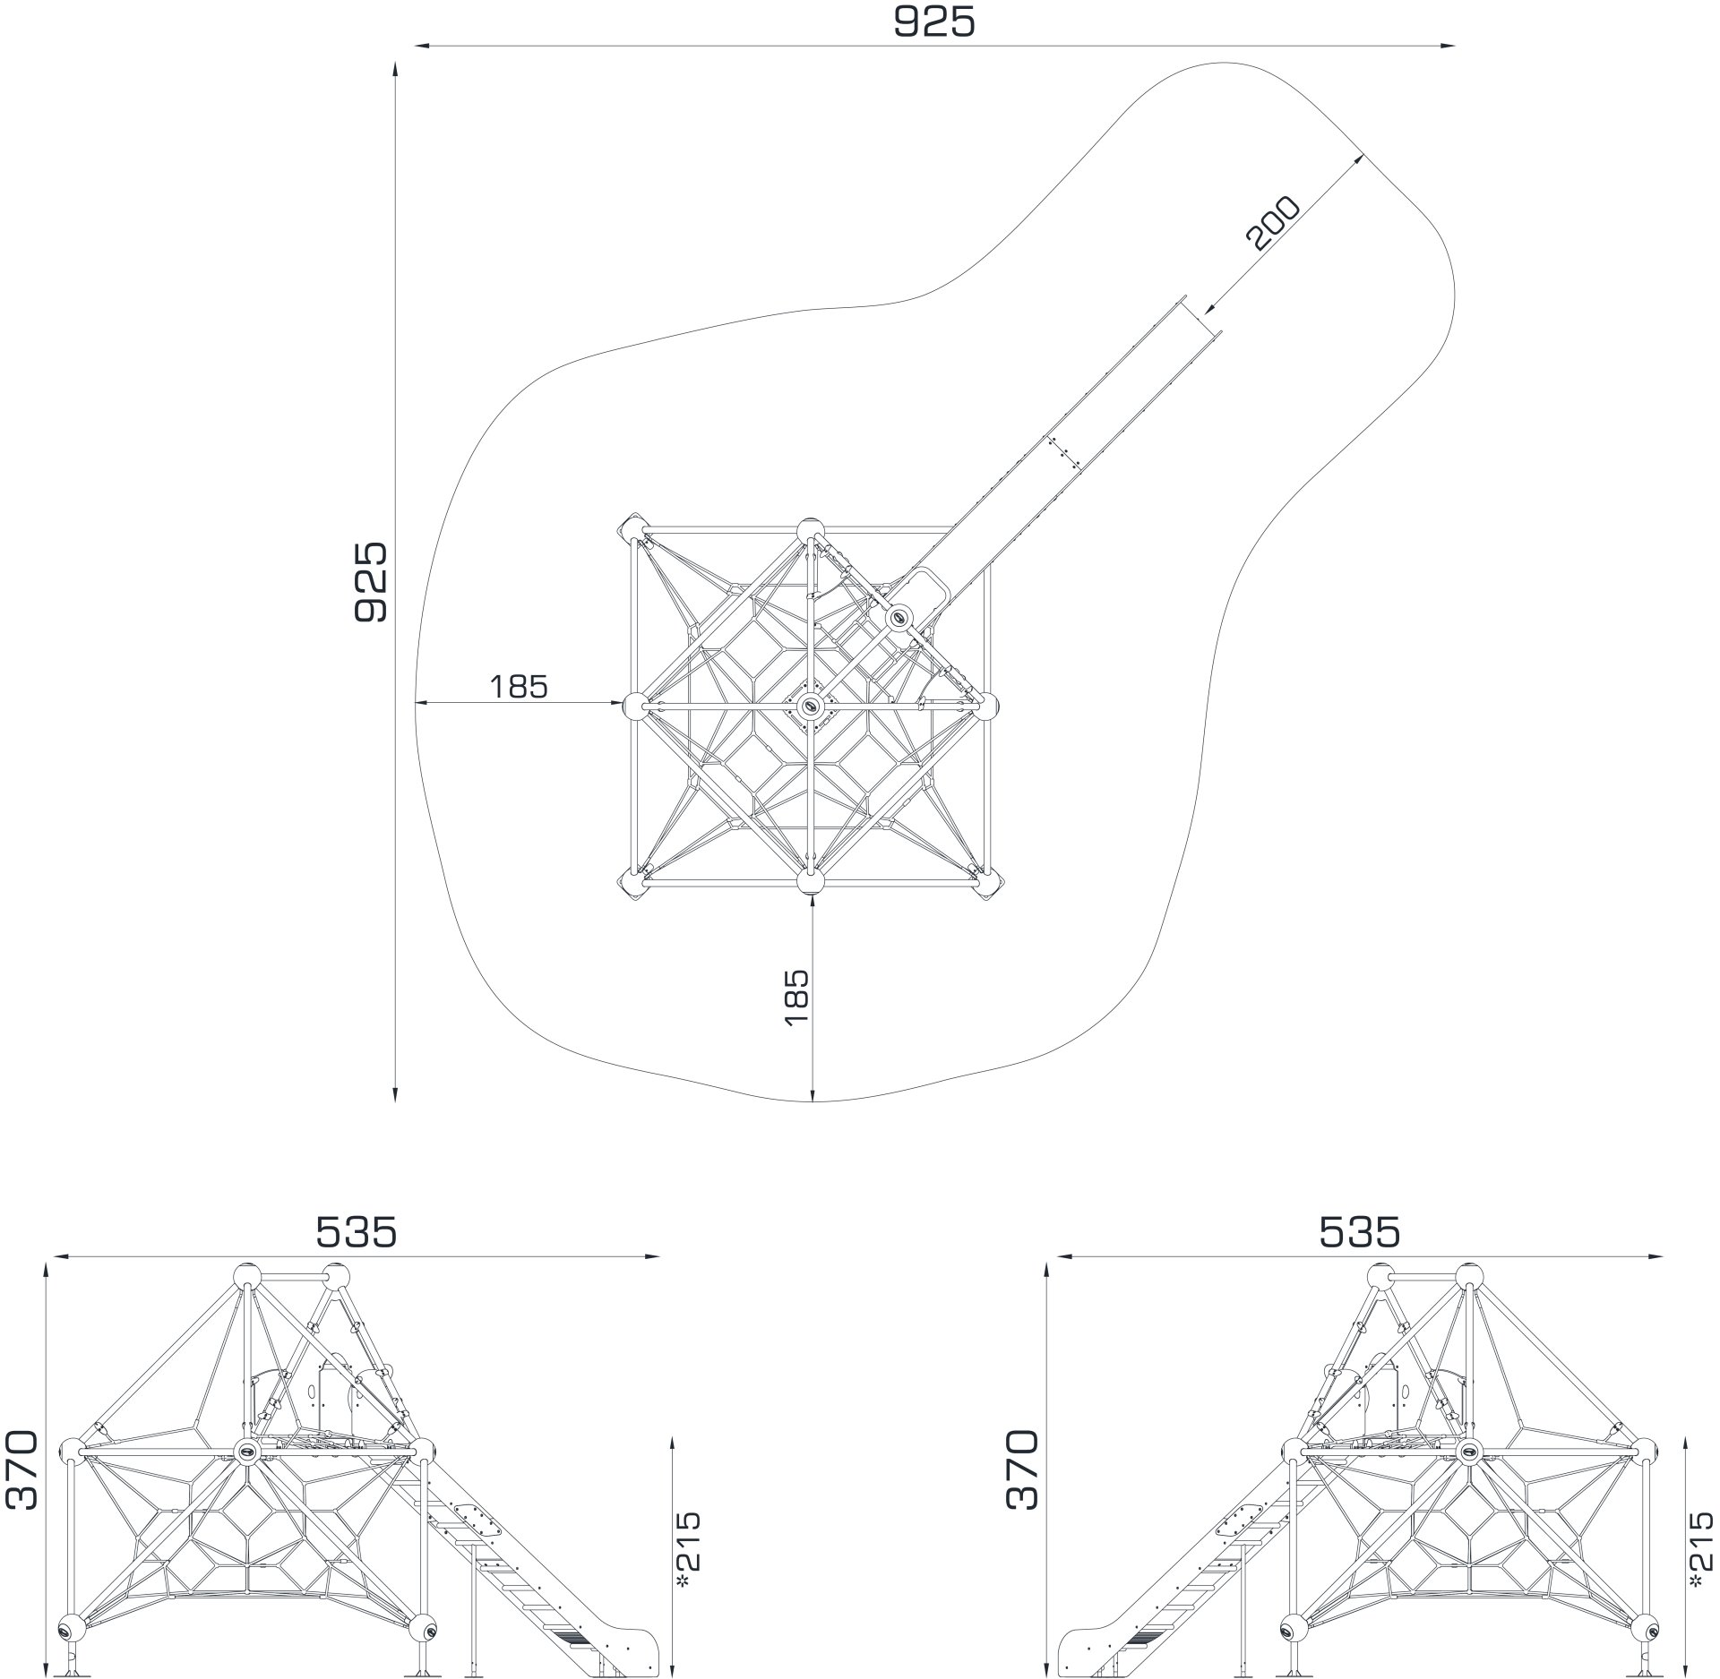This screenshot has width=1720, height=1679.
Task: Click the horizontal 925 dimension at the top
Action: (933, 22)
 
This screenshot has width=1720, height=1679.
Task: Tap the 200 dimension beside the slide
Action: (1272, 222)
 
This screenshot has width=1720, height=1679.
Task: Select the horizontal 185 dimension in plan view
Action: (518, 687)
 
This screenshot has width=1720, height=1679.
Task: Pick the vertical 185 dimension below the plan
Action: (795, 997)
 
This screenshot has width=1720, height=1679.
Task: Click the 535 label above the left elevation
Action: (356, 1233)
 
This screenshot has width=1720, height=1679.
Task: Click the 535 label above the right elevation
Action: (1359, 1233)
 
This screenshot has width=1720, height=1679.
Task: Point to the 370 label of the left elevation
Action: (21, 1469)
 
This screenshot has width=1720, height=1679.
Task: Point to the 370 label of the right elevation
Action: (1021, 1469)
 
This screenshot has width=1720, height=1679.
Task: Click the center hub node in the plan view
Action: (811, 706)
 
